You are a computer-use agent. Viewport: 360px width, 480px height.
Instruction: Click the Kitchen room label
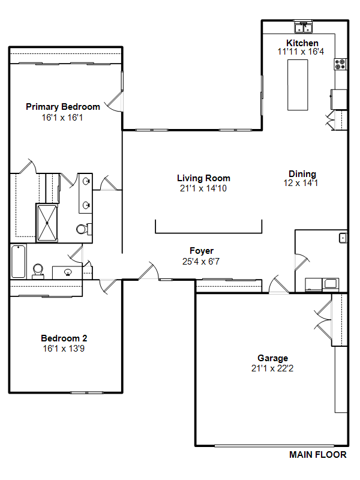coord(302,43)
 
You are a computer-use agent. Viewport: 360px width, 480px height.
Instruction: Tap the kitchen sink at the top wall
coord(303,28)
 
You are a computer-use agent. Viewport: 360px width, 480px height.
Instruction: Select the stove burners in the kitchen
coord(340,64)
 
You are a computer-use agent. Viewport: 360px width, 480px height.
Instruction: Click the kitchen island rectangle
coord(298,85)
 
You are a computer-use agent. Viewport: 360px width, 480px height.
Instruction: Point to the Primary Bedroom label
coord(63,107)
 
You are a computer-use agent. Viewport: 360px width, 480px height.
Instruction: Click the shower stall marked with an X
coord(47,223)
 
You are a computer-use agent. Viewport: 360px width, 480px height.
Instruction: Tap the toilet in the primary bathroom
coord(83,229)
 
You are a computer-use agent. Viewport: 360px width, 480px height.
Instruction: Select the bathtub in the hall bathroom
coord(19,262)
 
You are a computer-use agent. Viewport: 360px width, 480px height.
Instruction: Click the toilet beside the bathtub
coord(38,272)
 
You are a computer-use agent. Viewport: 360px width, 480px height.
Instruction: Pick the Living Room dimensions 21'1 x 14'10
coord(203,188)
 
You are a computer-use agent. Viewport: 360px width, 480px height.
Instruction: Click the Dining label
coord(302,174)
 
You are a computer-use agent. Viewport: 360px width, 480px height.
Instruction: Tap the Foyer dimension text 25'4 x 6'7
coord(201,262)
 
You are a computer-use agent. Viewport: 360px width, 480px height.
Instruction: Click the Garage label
coord(273,358)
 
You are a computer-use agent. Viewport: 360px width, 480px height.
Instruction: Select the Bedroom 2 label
coord(64,338)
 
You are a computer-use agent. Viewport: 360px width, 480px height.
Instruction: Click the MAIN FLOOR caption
coord(318,455)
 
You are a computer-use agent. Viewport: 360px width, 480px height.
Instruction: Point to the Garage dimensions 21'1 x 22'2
coord(272,368)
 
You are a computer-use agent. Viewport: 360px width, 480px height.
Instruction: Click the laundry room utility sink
coord(343,238)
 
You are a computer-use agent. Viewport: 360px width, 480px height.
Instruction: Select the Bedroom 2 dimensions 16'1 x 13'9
coord(64,349)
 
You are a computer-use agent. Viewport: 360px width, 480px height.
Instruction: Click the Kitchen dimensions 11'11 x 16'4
coord(301,52)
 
